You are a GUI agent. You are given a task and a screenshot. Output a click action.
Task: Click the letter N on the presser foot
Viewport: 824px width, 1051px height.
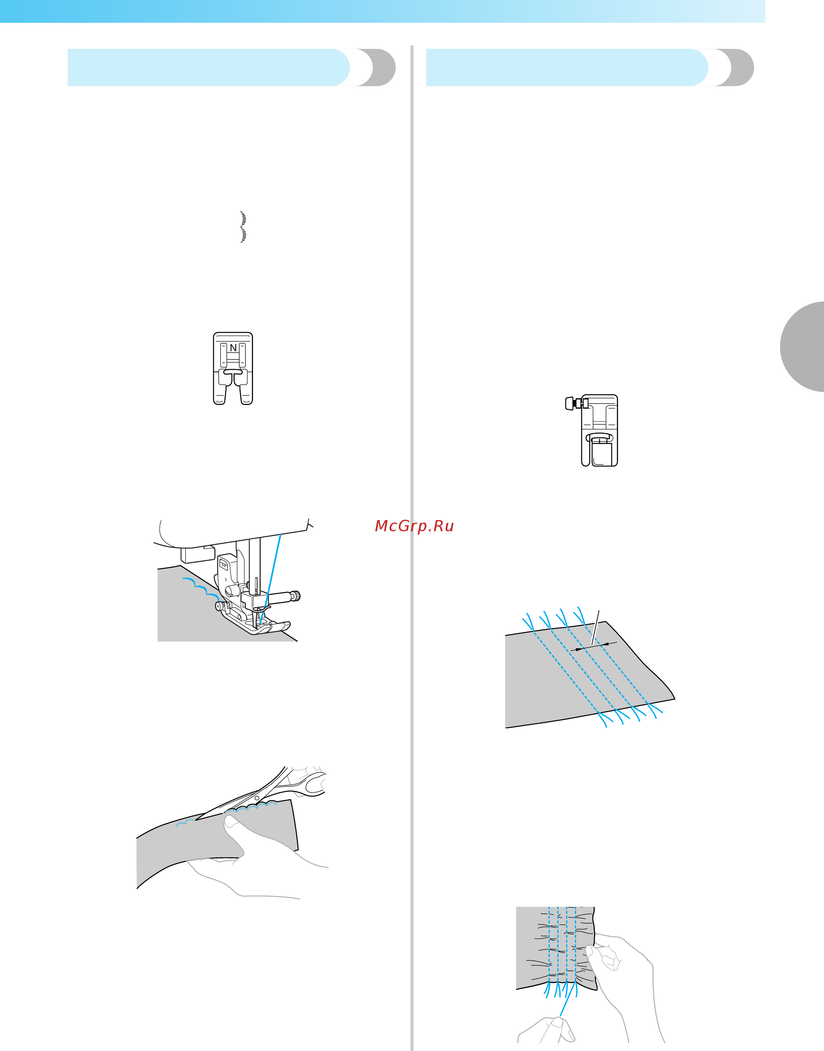233,348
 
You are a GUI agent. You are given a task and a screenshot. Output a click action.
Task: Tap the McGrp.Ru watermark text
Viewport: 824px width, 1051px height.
414,526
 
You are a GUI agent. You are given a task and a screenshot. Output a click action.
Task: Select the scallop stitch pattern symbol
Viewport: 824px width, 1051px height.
243,226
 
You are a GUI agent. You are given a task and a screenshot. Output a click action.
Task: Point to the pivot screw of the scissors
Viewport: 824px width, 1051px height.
257,798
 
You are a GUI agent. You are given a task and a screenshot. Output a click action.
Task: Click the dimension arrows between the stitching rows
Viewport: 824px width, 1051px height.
593,646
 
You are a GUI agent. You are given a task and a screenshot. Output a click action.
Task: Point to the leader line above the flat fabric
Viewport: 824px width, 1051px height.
595,628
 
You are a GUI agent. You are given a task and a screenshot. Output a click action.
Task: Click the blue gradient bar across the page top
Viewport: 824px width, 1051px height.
382,11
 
